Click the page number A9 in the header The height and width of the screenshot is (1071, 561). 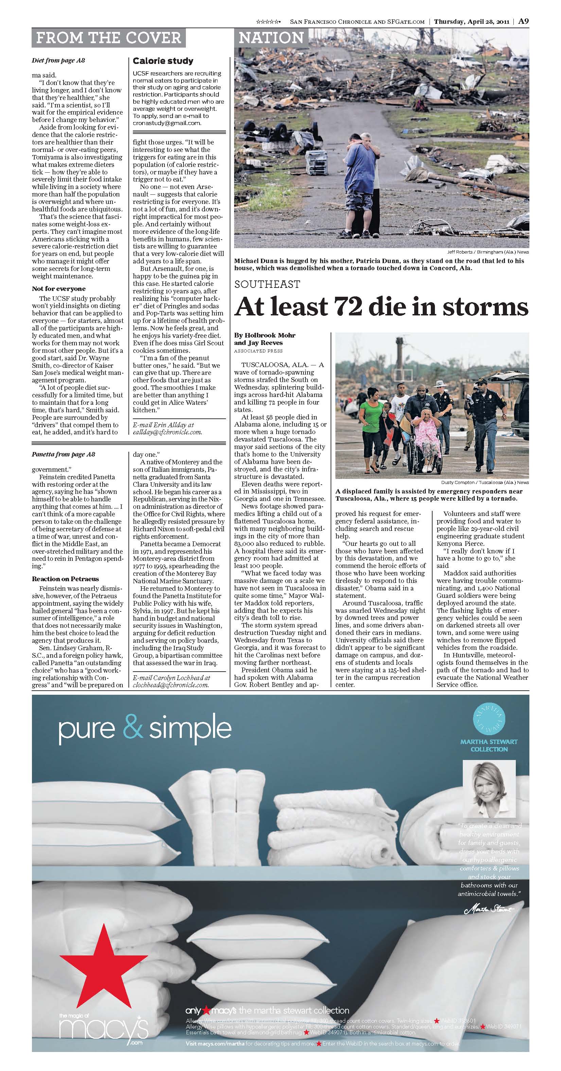pos(523,21)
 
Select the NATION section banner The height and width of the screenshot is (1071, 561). pos(271,38)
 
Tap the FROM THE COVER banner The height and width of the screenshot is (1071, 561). pos(108,38)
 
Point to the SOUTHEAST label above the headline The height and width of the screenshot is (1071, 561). pos(267,284)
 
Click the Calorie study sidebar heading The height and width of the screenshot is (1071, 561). pos(163,61)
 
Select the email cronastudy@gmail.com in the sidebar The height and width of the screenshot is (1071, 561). pos(166,123)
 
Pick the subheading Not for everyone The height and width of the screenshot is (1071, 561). pos(58,289)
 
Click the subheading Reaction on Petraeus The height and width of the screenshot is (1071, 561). pos(65,579)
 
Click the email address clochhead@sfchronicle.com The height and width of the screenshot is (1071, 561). pos(170,685)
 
